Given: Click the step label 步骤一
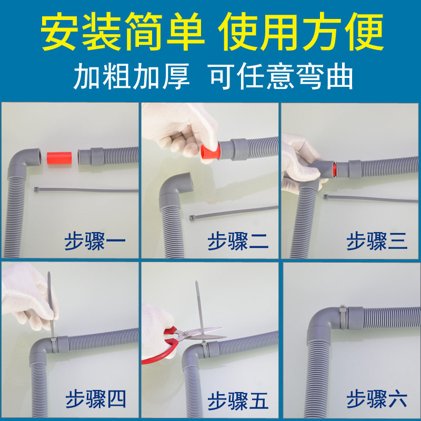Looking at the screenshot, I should click(x=95, y=243).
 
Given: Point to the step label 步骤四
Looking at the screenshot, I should click(x=95, y=400).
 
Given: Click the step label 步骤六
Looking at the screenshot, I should click(x=377, y=400).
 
